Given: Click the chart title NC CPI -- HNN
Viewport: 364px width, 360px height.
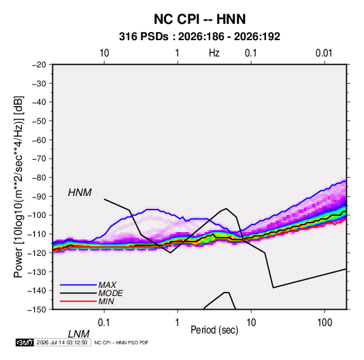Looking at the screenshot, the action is click(x=199, y=19).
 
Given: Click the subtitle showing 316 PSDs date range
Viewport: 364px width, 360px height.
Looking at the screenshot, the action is click(x=199, y=37).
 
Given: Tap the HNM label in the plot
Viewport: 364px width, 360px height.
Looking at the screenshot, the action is click(x=80, y=193).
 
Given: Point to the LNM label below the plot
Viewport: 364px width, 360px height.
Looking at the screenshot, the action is click(x=79, y=334).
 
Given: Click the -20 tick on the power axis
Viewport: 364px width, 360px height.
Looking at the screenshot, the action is click(x=39, y=65).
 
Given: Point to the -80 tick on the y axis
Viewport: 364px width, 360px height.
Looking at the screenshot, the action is click(x=39, y=178).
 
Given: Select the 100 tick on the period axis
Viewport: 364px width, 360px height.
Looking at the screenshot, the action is click(x=325, y=323).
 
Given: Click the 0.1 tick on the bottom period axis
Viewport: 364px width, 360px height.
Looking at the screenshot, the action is click(x=104, y=323).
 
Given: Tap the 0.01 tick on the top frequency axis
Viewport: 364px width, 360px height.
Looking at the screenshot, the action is click(x=324, y=53).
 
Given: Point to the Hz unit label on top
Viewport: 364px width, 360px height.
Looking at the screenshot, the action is click(x=214, y=53).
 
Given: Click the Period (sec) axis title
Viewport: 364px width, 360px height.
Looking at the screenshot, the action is click(x=214, y=330).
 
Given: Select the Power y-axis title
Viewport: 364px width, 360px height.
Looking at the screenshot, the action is click(x=18, y=187).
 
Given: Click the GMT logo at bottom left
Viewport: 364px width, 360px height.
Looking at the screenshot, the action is click(x=24, y=342).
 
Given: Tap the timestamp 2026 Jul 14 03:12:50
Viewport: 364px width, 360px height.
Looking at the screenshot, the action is click(x=62, y=342).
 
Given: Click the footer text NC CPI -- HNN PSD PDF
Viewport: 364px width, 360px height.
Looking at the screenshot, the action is click(x=121, y=342).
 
